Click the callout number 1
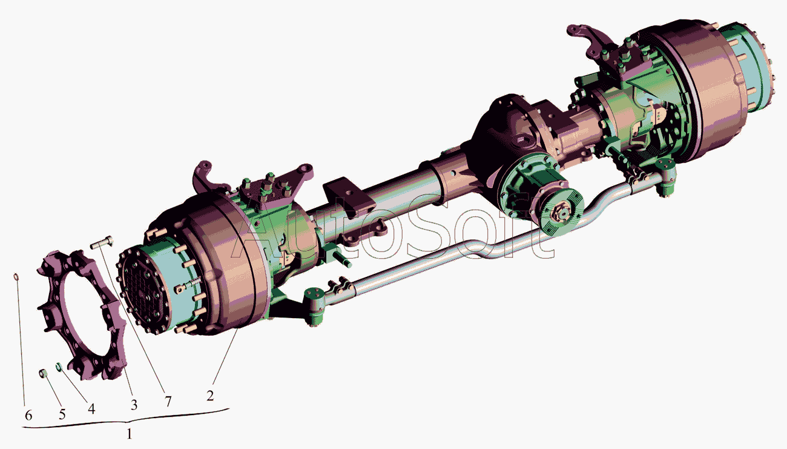click(130, 434)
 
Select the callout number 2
click(210, 396)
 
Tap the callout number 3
click(134, 405)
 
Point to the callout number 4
click(91, 408)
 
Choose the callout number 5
click(62, 414)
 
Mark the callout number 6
click(28, 416)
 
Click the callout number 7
click(168, 402)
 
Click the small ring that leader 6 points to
click(16, 277)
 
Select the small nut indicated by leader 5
click(43, 373)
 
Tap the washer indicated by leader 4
click(59, 367)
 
